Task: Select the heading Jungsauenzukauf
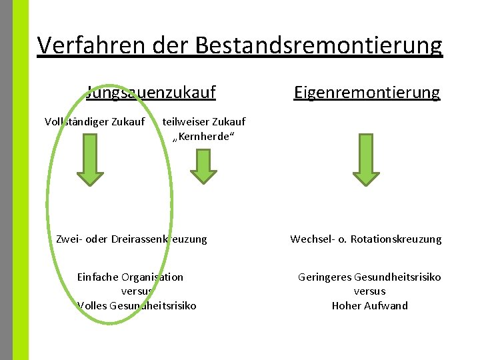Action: [x=151, y=92]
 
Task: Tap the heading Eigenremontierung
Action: [x=367, y=92]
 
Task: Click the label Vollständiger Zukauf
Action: [x=94, y=121]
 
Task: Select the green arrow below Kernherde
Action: [x=203, y=165]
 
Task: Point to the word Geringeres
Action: [x=325, y=277]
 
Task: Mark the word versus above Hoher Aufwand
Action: [x=369, y=291]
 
